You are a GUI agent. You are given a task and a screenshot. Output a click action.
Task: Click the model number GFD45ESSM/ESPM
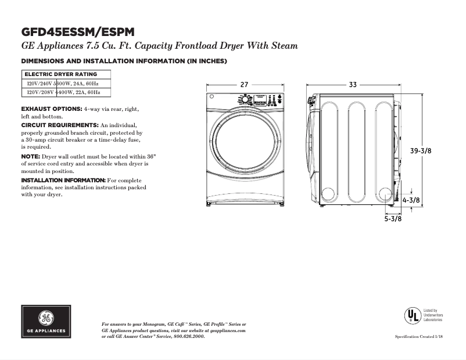pyautogui.click(x=80, y=32)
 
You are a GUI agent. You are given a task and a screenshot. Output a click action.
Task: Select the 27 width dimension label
pyautogui.click(x=244, y=85)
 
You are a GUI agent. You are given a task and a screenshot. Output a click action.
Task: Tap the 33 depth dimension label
pyautogui.click(x=353, y=85)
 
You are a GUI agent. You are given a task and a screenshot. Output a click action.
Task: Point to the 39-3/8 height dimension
pyautogui.click(x=421, y=150)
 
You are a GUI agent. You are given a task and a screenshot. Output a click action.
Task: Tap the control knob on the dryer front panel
pyautogui.click(x=245, y=100)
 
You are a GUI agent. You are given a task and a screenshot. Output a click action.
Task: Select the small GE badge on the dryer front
pyautogui.click(x=212, y=98)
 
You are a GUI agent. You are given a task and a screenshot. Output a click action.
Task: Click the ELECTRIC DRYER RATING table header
pyautogui.click(x=60, y=74)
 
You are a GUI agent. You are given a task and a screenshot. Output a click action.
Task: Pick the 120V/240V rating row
pyautogui.click(x=64, y=84)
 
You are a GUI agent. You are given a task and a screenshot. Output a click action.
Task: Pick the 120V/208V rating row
pyautogui.click(x=64, y=92)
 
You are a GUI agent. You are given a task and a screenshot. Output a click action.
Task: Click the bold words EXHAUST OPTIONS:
pyautogui.click(x=51, y=109)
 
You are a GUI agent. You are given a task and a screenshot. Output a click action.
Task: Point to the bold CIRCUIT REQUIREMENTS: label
pyautogui.click(x=60, y=125)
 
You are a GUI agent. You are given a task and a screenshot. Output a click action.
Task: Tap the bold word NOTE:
pyautogui.click(x=30, y=157)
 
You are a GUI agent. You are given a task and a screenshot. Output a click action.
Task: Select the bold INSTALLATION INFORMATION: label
pyautogui.click(x=63, y=181)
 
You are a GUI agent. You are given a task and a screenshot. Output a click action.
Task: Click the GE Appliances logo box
pyautogui.click(x=46, y=322)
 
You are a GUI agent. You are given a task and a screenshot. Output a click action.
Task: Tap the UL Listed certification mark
pyautogui.click(x=413, y=315)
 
